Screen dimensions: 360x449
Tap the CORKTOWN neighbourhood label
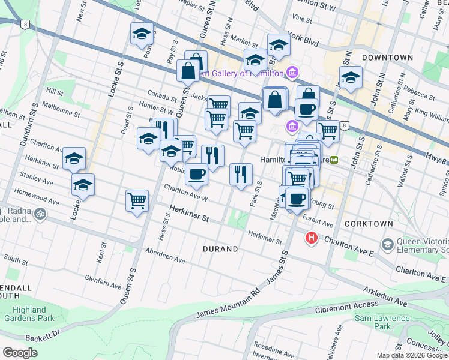coord(369,224)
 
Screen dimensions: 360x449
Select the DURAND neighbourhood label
coord(220,248)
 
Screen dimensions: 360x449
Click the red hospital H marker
coord(311,238)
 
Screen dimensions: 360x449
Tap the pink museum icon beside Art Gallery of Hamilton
coord(292,73)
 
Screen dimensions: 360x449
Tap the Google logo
coord(20,353)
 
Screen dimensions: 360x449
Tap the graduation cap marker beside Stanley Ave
coord(83,185)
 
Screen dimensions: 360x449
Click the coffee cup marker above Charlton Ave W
coord(196,175)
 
